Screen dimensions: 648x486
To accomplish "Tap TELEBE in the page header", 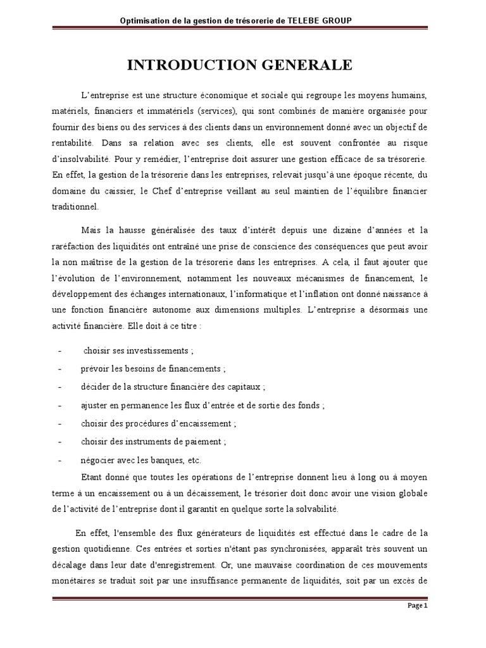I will [x=308, y=21].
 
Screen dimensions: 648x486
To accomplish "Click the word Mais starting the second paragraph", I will [x=92, y=230].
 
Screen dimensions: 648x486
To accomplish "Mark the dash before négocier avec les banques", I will [x=59, y=460].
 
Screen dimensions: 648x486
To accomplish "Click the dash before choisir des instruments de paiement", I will [x=59, y=442].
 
